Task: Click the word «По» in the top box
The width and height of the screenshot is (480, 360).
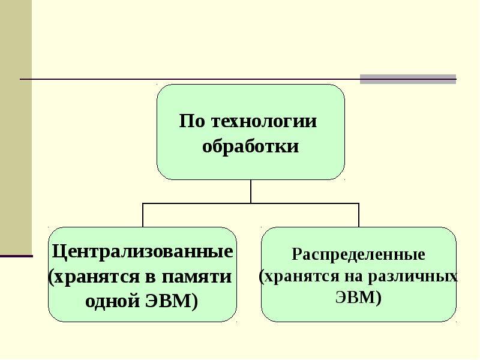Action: pyautogui.click(x=192, y=121)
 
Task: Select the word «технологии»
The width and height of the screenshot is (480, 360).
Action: pyautogui.click(x=264, y=121)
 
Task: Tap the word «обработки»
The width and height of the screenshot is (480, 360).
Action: pyautogui.click(x=250, y=146)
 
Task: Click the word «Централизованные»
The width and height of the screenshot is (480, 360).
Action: pyautogui.click(x=143, y=251)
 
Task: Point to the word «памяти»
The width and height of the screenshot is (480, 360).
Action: pyautogui.click(x=197, y=277)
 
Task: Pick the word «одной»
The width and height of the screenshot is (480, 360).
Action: pyautogui.click(x=113, y=301)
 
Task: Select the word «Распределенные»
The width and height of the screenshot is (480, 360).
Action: pyautogui.click(x=358, y=254)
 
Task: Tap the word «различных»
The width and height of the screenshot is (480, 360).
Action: pyautogui.click(x=413, y=277)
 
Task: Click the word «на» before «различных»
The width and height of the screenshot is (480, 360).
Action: pyautogui.click(x=353, y=277)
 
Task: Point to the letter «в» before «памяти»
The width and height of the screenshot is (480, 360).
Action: pyautogui.click(x=151, y=277)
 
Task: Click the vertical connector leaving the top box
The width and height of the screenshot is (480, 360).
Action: pyautogui.click(x=251, y=191)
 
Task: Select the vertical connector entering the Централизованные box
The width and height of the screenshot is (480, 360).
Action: pyautogui.click(x=143, y=215)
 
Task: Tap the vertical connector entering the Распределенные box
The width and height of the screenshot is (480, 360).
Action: pyautogui.click(x=358, y=215)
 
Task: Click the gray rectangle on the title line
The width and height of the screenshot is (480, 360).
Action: pyautogui.click(x=408, y=79)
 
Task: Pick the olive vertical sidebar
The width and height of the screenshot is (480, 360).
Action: pyautogui.click(x=16, y=127)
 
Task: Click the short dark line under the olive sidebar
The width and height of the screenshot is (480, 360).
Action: pyautogui.click(x=16, y=256)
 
